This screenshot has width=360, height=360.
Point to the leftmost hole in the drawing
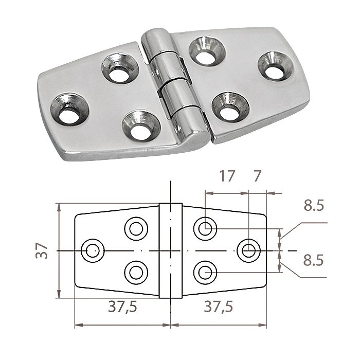(x=92, y=250)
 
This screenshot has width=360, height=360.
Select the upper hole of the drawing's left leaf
(x=136, y=227)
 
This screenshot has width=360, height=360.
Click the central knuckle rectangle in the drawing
(x=170, y=250)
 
